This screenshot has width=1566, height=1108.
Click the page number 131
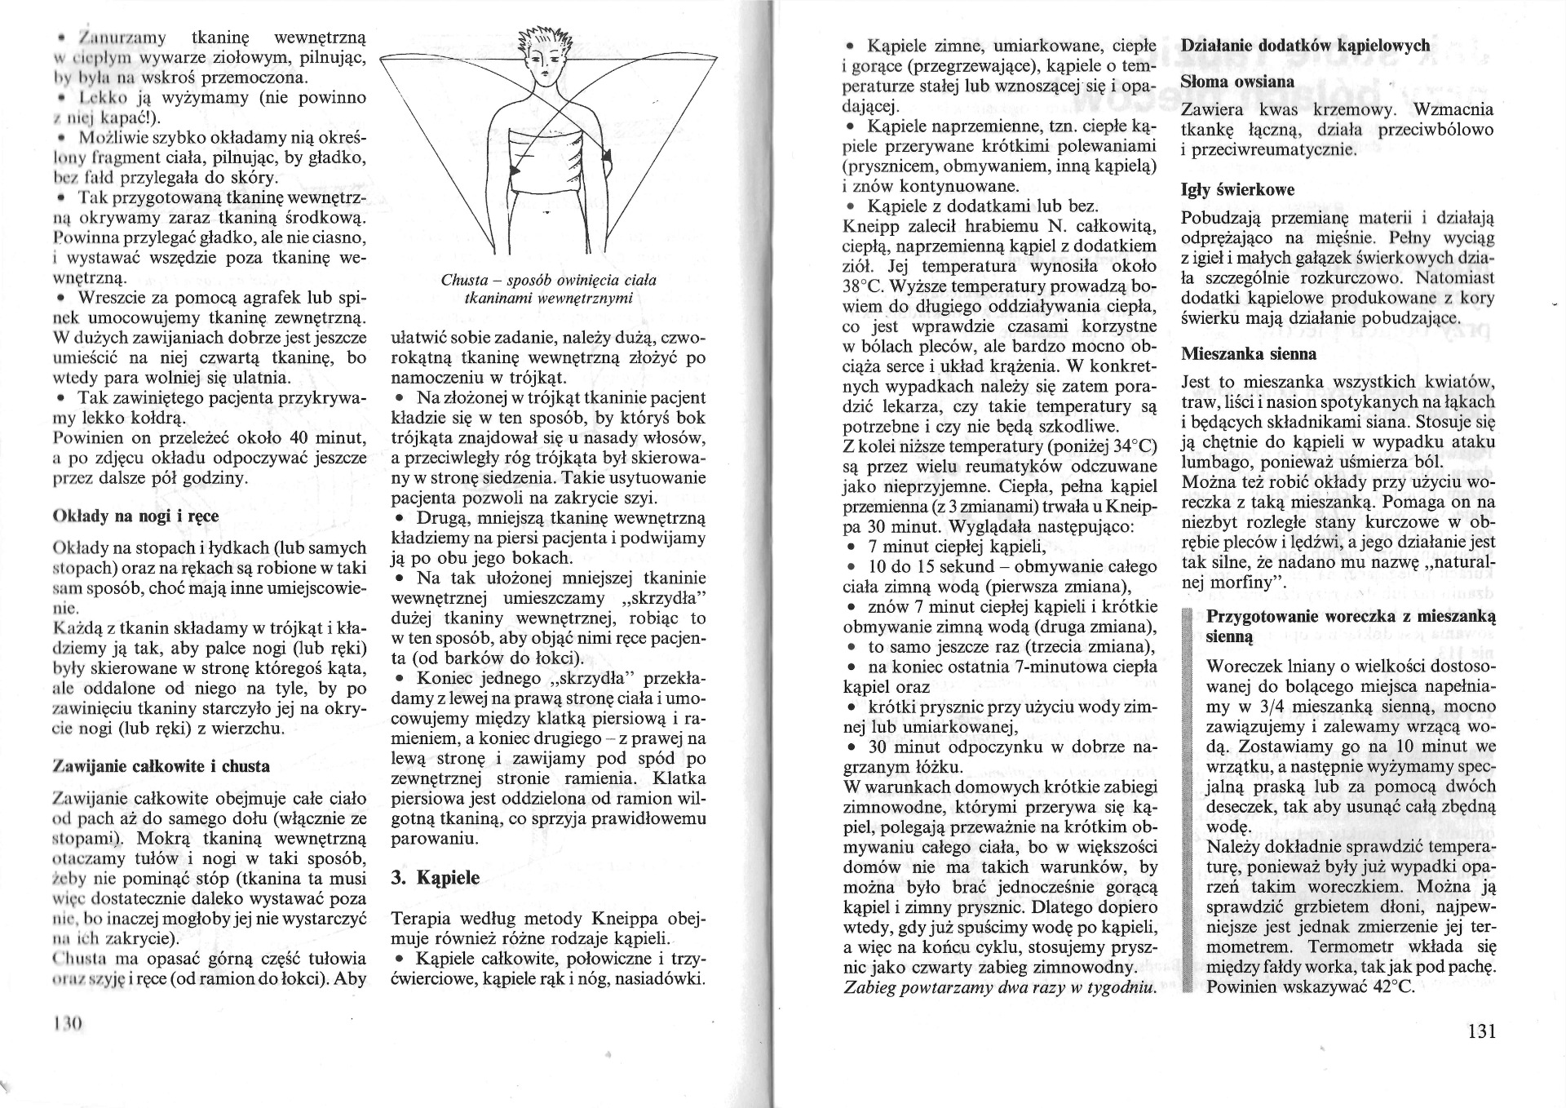[1481, 1031]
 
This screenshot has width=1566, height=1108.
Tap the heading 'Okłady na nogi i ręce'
[135, 516]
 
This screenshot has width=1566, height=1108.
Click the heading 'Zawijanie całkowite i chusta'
[161, 766]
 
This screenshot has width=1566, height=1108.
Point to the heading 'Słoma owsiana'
[1236, 82]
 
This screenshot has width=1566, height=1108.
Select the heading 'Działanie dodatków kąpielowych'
[1305, 47]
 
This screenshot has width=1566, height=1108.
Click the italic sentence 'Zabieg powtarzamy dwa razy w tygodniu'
[999, 987]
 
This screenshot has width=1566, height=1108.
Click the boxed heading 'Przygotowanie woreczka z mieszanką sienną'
[1350, 626]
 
